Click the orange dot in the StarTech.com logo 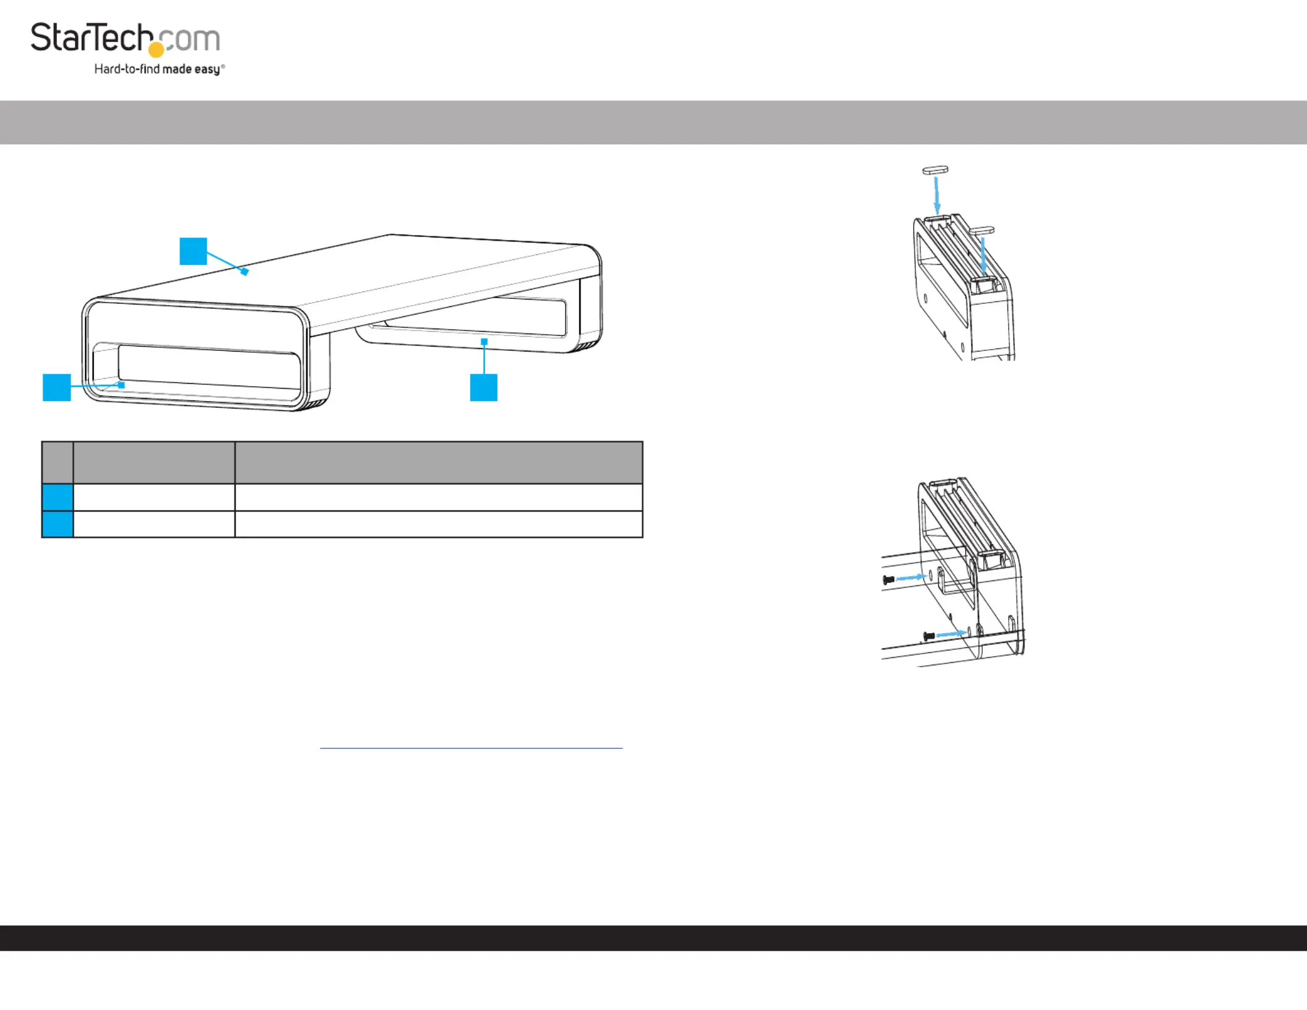[157, 50]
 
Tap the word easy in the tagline [207, 69]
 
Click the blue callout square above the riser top [193, 251]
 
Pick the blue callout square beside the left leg [57, 387]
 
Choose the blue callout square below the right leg [484, 387]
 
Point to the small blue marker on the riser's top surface [244, 271]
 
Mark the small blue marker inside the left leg [121, 385]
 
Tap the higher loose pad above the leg [935, 170]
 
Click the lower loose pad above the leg [981, 230]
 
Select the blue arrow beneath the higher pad [937, 196]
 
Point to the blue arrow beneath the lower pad [983, 256]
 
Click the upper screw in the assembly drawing [889, 580]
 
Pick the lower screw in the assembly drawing [928, 636]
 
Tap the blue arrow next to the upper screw [911, 577]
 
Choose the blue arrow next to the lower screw [951, 634]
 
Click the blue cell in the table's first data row [58, 497]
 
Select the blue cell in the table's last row [58, 524]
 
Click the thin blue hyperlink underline [471, 748]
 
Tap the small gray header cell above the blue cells [58, 462]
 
